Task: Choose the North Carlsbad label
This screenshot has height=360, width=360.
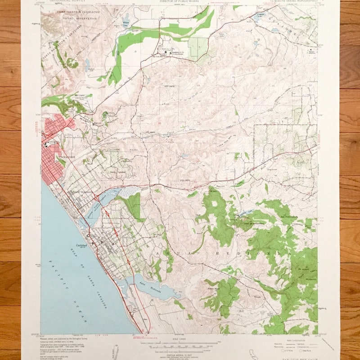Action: coord(118,172)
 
